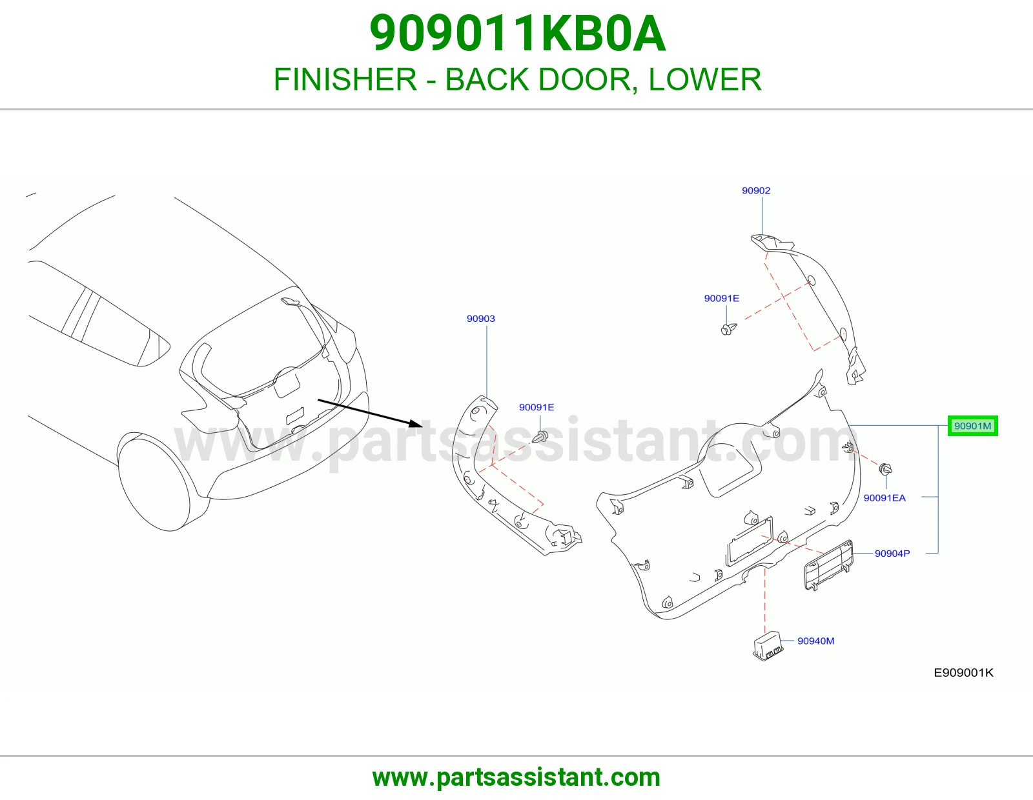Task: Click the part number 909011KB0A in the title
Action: click(518, 34)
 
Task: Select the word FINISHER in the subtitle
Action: click(345, 79)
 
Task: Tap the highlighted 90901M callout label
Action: click(972, 426)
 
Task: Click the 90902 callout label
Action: click(756, 190)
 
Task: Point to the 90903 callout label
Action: click(480, 319)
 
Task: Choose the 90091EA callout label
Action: click(885, 498)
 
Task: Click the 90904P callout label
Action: click(892, 554)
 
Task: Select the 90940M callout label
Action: click(816, 641)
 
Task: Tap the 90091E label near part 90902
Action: click(722, 298)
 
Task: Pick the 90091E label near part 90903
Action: click(537, 407)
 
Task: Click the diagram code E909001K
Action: click(963, 673)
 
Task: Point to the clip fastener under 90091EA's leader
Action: click(886, 470)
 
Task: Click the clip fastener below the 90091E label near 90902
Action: click(729, 329)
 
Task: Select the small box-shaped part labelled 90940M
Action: click(768, 646)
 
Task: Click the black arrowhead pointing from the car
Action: click(416, 423)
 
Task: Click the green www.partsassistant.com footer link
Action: click(516, 777)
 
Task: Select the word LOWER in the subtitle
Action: click(705, 79)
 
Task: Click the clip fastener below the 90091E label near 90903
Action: click(540, 436)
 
